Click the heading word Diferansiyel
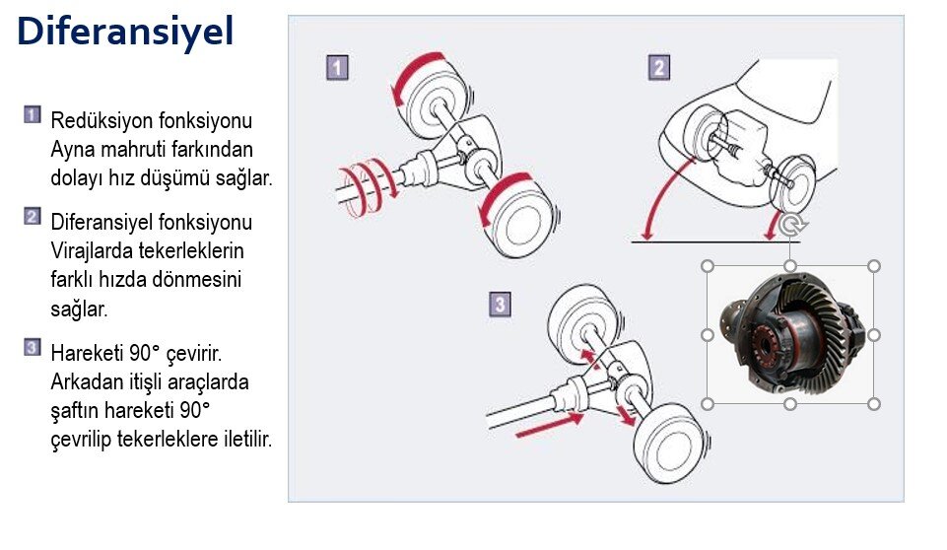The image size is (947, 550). pos(125,32)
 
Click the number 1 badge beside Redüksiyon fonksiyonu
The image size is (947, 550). pos(33,115)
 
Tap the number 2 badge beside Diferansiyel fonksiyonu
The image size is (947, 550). pos(33,217)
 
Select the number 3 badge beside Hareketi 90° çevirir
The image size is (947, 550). pos(33,348)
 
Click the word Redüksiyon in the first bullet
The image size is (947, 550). pos(101,120)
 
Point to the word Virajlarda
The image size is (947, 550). pos(92,250)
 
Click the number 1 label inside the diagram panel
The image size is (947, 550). pos(338,68)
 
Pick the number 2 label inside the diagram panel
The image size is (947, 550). pos(659,68)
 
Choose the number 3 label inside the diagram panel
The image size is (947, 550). pos(500,305)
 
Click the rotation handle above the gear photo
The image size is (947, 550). pos(790,225)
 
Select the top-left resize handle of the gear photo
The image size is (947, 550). pos(708,266)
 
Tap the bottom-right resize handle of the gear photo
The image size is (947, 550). pos(873,404)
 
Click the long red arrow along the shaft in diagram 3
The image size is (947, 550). pos(548,426)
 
